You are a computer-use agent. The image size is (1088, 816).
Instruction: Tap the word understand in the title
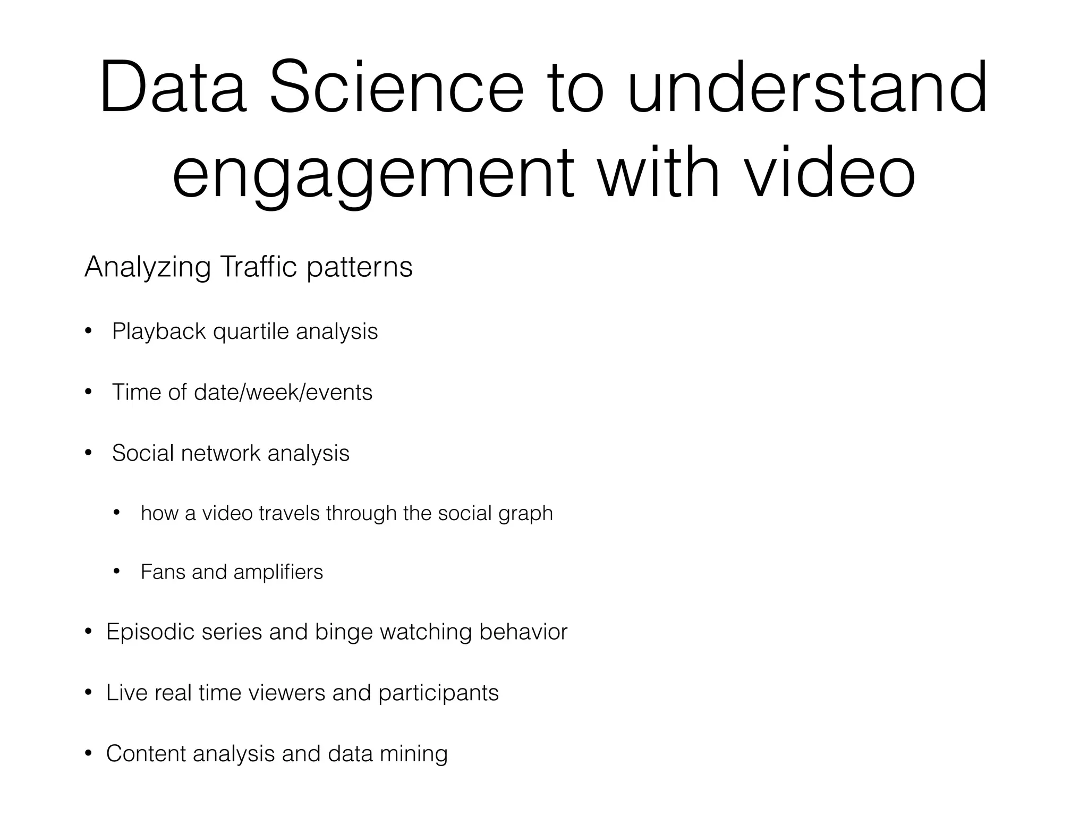point(807,88)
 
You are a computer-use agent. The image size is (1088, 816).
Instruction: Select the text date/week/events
point(283,393)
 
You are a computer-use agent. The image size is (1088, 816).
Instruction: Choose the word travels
point(289,513)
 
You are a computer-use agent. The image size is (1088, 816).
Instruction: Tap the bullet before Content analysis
point(88,754)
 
